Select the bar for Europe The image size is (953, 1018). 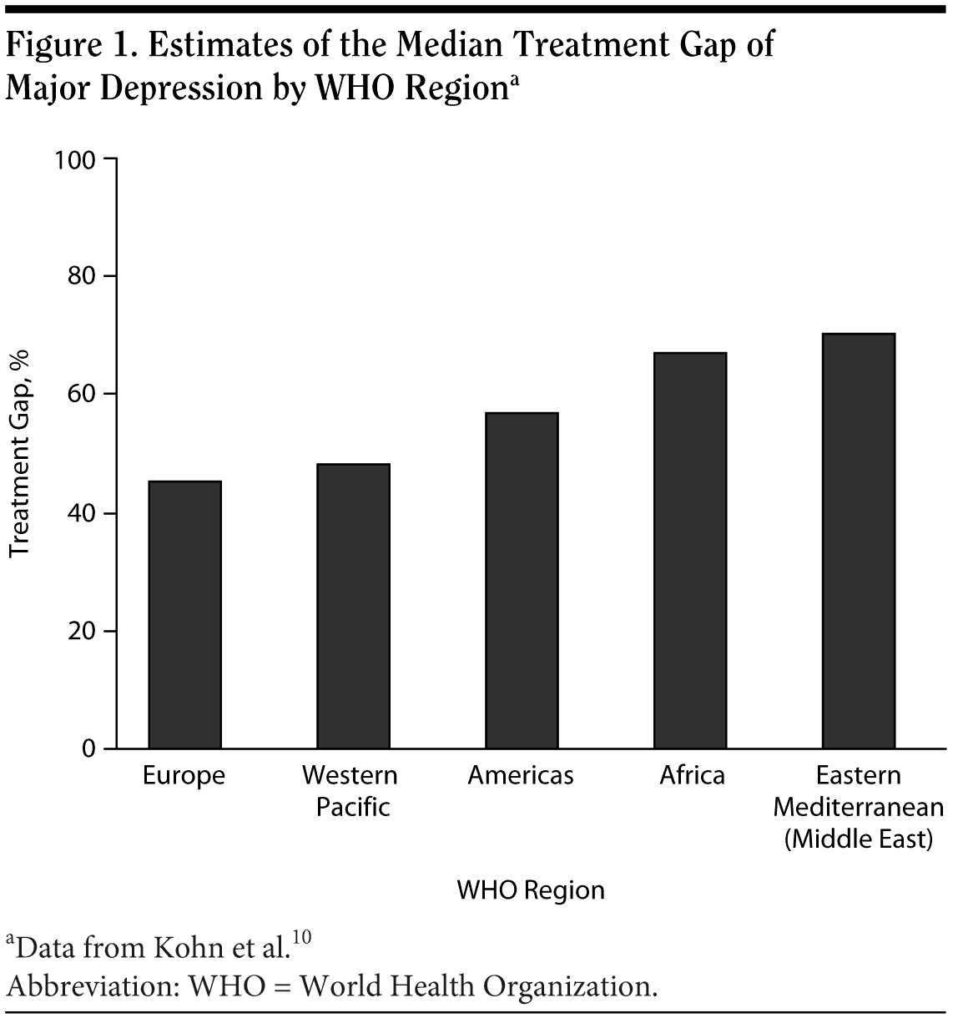pos(184,614)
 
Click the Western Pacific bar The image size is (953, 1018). pos(353,606)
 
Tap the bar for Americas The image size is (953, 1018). pos(522,580)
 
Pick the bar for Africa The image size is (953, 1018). pos(690,550)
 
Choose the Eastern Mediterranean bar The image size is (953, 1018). pos(859,541)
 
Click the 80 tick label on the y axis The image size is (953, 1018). pos(81,276)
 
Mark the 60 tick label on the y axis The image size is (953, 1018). pos(81,394)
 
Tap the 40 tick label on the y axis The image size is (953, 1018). pos(81,513)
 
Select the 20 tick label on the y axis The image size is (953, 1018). pos(81,631)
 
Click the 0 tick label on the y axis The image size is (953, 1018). pos(88,749)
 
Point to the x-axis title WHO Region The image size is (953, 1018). pos(531,890)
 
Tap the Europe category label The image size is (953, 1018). pos(184,776)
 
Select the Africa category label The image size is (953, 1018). pos(692,776)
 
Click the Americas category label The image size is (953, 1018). pos(521,776)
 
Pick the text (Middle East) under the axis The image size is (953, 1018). pos(858,839)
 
